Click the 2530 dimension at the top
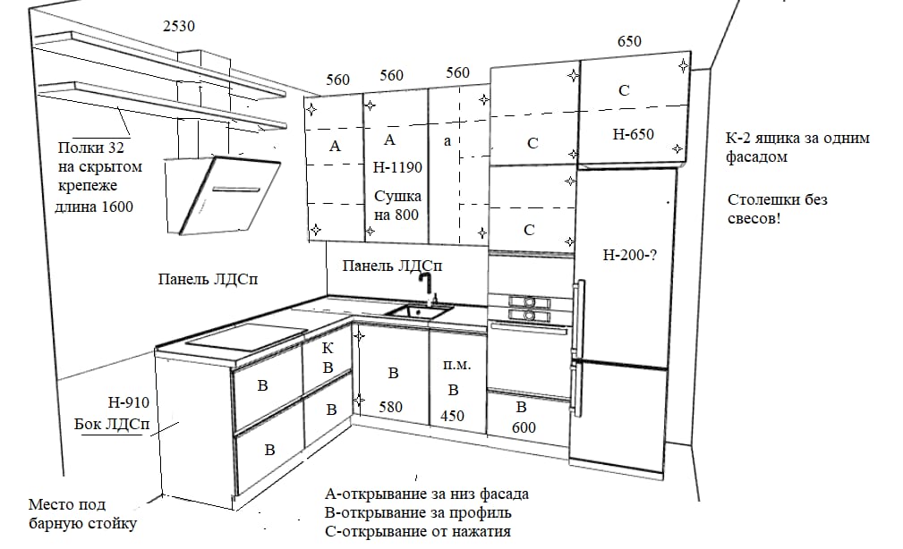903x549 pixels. point(179,26)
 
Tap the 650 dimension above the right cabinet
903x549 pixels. point(629,41)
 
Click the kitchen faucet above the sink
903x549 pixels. point(428,288)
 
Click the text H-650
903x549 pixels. point(633,135)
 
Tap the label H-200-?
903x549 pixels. point(630,254)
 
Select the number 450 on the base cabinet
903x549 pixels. point(453,415)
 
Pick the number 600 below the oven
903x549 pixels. point(524,427)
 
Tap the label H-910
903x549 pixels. point(124,402)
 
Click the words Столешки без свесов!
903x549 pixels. point(778,208)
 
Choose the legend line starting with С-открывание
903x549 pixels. point(419,531)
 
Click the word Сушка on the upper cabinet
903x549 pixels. point(397,197)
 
